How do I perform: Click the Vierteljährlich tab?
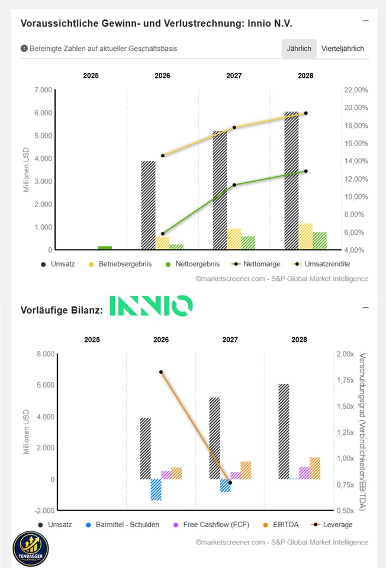343,49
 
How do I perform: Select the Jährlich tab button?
299,49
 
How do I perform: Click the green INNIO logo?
151,305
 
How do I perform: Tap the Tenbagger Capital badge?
30,548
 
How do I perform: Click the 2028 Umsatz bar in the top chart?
291,181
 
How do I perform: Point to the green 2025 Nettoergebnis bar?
105,248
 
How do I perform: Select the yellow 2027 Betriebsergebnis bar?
234,239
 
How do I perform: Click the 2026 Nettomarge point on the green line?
163,234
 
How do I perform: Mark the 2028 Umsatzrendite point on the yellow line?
305,114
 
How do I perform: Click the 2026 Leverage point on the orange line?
161,372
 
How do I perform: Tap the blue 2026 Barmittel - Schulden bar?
156,490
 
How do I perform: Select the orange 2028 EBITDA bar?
315,469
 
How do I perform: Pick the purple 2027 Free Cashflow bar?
236,476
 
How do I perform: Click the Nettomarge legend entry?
256,264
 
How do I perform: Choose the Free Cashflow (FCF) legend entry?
211,525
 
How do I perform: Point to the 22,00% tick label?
356,90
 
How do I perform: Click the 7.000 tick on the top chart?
43,90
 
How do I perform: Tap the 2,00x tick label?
345,354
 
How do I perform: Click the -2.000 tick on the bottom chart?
44,511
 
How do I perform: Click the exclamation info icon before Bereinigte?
24,49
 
